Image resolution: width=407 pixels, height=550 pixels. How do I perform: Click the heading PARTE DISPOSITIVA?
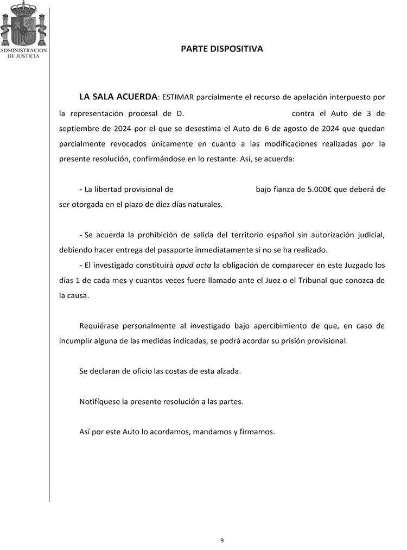[221, 49]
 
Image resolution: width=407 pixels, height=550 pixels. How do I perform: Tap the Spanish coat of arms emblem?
[23, 24]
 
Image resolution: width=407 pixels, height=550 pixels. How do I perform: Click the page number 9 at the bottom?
[222, 540]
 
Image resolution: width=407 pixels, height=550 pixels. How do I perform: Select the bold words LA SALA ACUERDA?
[118, 97]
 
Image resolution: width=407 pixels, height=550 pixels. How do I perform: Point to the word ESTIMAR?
[177, 98]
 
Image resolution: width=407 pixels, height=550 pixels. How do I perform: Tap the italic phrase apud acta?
[194, 265]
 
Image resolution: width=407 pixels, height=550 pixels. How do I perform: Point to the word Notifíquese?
[100, 402]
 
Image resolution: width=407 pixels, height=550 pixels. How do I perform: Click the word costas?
[177, 371]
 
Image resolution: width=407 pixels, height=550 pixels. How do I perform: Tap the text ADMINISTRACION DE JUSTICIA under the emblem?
[24, 53]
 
